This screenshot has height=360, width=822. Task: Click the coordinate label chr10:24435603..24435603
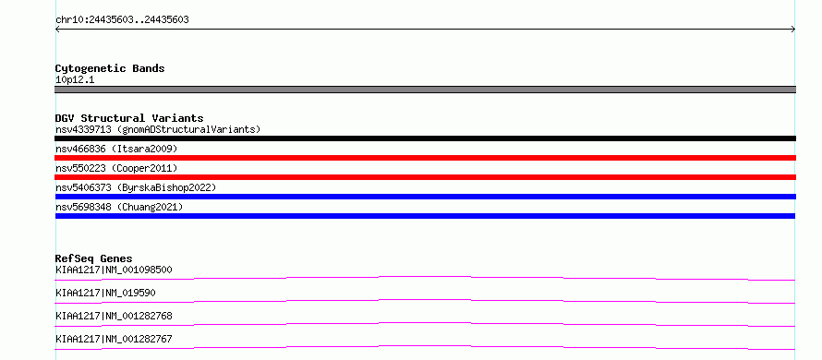[122, 20]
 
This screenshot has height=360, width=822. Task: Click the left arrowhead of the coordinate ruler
[57, 30]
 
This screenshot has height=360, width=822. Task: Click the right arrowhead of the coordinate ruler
[793, 30]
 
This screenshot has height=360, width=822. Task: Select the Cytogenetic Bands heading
[110, 68]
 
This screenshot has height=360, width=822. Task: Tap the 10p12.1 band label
[75, 80]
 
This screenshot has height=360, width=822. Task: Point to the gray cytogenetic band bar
[425, 90]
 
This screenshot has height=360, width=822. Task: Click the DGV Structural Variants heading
[129, 118]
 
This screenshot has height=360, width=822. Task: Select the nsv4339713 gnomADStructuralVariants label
[158, 129]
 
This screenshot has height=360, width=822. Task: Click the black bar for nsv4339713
[425, 138]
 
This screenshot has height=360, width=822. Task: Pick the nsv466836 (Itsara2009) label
[116, 150]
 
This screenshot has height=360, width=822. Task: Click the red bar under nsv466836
[425, 158]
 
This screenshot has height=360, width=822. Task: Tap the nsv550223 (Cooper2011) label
[116, 169]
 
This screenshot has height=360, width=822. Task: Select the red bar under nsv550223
[425, 177]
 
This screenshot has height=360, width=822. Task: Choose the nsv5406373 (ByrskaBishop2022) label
[136, 187]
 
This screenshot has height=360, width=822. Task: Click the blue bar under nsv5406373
[425, 197]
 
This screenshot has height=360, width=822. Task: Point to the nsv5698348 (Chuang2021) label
[119, 208]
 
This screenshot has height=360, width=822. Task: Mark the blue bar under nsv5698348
[425, 216]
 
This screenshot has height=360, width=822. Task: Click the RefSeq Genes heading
[94, 258]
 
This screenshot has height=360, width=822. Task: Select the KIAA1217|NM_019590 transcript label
[105, 293]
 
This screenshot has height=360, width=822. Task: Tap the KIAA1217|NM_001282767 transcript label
[114, 340]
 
